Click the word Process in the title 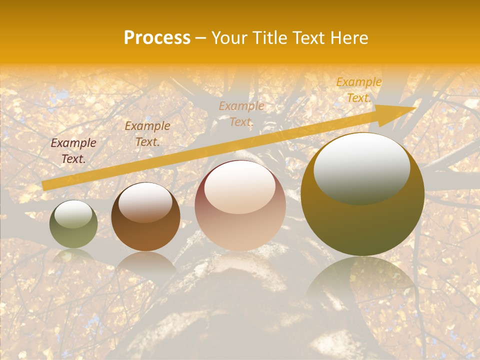[x=157, y=38]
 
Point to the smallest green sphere [x=73, y=224]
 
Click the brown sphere [x=145, y=217]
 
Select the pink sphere [x=240, y=205]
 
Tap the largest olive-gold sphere [x=362, y=194]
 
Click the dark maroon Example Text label [x=73, y=151]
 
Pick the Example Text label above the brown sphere [x=147, y=134]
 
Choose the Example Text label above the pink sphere [x=241, y=113]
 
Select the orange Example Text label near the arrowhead [x=358, y=90]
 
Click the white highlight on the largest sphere [x=361, y=167]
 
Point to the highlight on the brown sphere [x=145, y=202]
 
